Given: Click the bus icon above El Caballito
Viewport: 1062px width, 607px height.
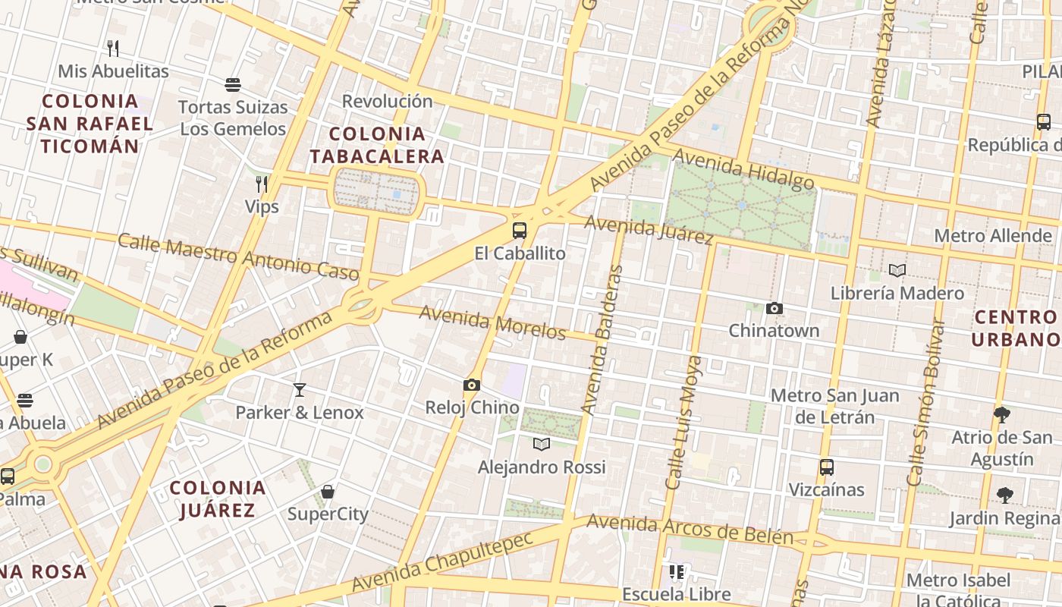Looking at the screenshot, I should click(520, 231).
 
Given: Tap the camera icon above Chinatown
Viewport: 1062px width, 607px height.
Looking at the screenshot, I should click(774, 308).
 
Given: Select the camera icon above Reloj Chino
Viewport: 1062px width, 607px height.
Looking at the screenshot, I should click(472, 385).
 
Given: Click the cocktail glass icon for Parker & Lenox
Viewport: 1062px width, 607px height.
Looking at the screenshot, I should click(300, 390).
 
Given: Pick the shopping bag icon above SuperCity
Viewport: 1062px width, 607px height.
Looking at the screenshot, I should click(328, 492).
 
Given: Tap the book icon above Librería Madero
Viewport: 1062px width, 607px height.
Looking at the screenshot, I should click(897, 270).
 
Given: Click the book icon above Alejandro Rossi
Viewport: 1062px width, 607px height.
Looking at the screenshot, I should click(542, 444).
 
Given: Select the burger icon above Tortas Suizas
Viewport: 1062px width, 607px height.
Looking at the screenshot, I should click(233, 84).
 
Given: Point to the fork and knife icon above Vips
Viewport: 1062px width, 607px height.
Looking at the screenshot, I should click(262, 184).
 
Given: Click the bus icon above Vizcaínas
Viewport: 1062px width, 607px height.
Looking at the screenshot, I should click(827, 467).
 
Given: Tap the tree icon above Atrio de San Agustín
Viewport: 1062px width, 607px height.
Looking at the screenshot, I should click(1002, 414).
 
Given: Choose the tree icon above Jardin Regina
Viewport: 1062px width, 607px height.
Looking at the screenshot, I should click(1005, 495).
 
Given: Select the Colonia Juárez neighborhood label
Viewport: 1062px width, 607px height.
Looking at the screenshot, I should click(218, 498).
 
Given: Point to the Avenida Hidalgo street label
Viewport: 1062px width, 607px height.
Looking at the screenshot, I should click(743, 169).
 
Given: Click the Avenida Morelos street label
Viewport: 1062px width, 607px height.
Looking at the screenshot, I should click(493, 322).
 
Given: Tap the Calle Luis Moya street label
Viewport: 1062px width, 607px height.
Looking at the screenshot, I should click(683, 423).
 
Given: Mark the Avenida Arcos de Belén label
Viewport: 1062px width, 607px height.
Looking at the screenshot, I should click(690, 529).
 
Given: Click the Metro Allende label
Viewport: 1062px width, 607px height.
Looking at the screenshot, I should click(993, 236).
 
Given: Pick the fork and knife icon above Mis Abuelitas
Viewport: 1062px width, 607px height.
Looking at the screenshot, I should click(113, 49).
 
